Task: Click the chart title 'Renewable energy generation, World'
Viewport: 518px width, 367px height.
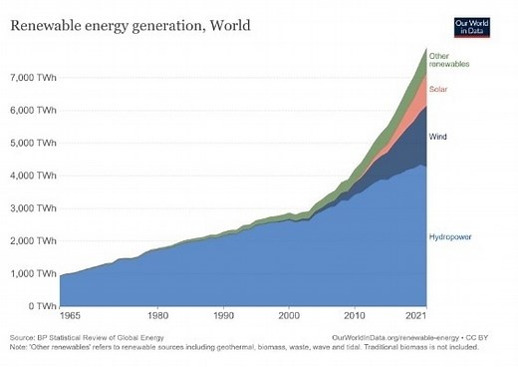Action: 130,22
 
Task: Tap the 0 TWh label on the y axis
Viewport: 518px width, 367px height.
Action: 40,306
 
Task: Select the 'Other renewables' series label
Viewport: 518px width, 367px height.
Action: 450,59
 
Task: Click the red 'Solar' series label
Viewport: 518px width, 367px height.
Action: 440,90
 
